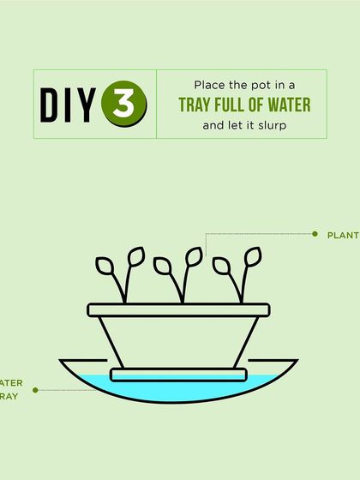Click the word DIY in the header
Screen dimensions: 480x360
(x=68, y=104)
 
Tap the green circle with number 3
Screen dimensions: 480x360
(x=123, y=104)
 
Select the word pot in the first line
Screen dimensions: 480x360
(x=258, y=87)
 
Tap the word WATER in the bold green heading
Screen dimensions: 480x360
(x=292, y=105)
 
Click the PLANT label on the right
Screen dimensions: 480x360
(x=343, y=234)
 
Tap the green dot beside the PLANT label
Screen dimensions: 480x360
(x=315, y=233)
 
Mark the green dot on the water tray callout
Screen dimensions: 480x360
(x=35, y=390)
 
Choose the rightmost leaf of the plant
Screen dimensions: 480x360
(x=252, y=255)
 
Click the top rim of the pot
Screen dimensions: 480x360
(x=179, y=309)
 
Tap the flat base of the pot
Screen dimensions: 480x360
(x=179, y=373)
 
